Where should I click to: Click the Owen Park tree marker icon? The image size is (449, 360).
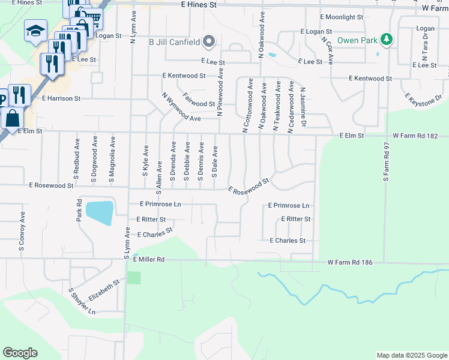coord(388,40)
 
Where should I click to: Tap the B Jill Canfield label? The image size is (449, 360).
coord(175,41)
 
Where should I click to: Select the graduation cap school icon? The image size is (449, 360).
coord(35,31)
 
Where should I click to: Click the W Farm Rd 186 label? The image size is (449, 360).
coord(354,263)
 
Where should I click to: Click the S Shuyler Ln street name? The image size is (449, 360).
coord(83,301)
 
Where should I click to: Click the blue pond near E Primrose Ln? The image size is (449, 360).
coord(100,212)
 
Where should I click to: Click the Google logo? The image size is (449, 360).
coord(20,353)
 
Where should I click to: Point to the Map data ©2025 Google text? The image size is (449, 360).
coord(412,355)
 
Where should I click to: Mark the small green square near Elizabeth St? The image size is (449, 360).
coord(134,278)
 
